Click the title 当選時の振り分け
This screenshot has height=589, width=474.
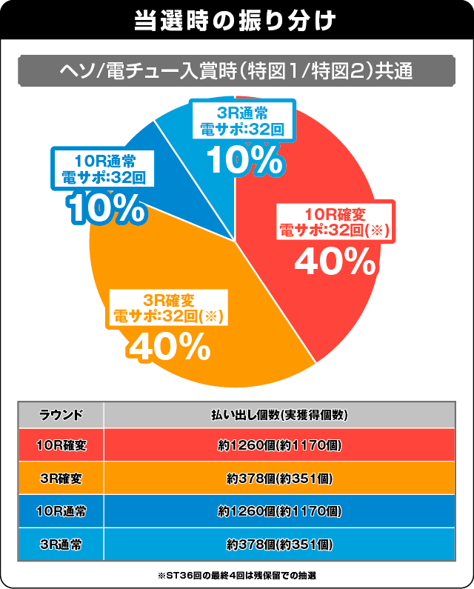[x=236, y=20]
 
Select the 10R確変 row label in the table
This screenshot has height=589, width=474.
[x=60, y=446]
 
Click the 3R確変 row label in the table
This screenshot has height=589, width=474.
[x=60, y=479]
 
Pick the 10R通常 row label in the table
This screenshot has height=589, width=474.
[x=60, y=511]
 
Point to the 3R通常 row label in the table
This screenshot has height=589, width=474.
[x=60, y=544]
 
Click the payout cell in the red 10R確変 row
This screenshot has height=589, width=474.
[x=279, y=446]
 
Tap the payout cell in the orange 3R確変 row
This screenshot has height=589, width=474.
[x=279, y=479]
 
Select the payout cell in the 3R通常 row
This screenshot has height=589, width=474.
[x=279, y=544]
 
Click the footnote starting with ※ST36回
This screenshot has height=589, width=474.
[x=237, y=575]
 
